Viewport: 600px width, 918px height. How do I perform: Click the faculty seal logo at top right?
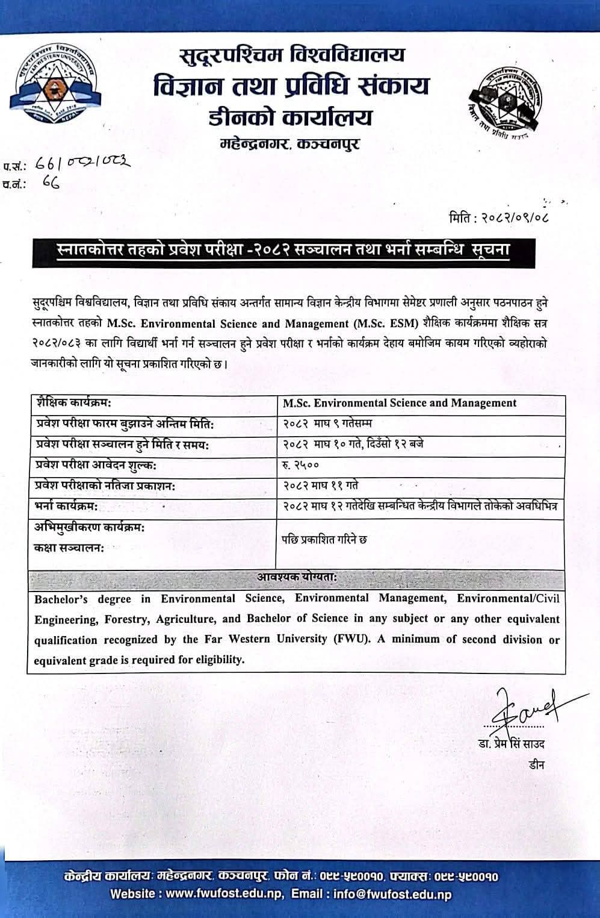506,102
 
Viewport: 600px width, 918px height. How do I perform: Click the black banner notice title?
283,249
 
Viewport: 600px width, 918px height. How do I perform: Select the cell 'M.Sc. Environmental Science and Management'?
400,403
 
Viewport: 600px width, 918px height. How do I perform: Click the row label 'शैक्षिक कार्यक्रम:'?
73,402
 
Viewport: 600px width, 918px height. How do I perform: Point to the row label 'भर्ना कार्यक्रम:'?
66,506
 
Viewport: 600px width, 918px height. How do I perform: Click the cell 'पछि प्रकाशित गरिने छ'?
324,539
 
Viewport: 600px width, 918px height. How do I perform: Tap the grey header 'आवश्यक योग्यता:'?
297,577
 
